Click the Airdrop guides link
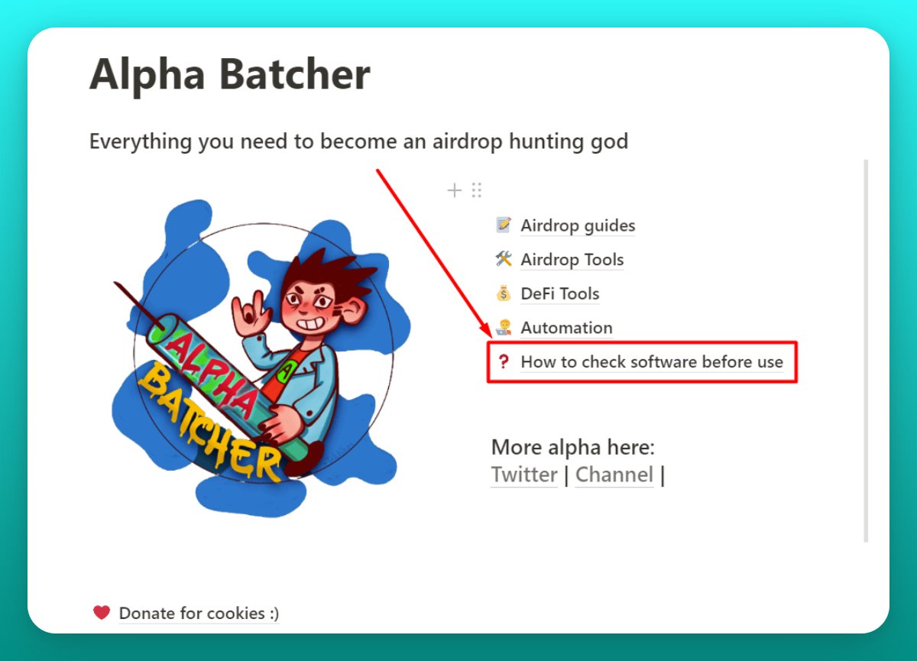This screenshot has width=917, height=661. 578,226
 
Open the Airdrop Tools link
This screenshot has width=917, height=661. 572,260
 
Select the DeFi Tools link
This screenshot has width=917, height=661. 560,294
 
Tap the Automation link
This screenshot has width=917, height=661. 566,328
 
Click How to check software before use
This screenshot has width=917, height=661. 652,362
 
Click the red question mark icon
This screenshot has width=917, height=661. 503,361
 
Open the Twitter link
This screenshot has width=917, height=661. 524,475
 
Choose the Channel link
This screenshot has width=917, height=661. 614,475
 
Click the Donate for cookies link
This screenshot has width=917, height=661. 199,613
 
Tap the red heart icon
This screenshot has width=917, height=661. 102,612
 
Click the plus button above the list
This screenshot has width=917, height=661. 455,190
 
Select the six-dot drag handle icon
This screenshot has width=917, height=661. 477,190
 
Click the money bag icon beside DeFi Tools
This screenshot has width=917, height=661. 503,293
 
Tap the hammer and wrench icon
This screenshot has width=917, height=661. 503,259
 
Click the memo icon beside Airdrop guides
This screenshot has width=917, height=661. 503,225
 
